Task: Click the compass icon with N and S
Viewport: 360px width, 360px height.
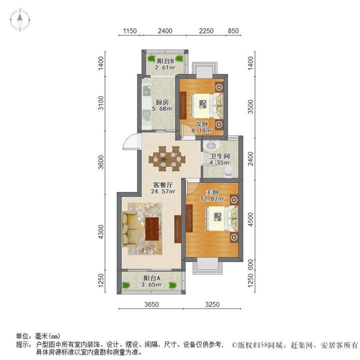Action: (x=20, y=20)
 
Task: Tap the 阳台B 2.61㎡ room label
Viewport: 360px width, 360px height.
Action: (x=164, y=64)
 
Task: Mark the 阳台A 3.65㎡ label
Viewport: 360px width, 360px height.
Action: (x=151, y=281)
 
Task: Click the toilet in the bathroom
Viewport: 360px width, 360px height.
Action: (x=229, y=170)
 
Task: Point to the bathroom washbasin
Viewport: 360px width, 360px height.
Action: (x=210, y=145)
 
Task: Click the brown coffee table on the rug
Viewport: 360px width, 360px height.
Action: (x=152, y=228)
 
